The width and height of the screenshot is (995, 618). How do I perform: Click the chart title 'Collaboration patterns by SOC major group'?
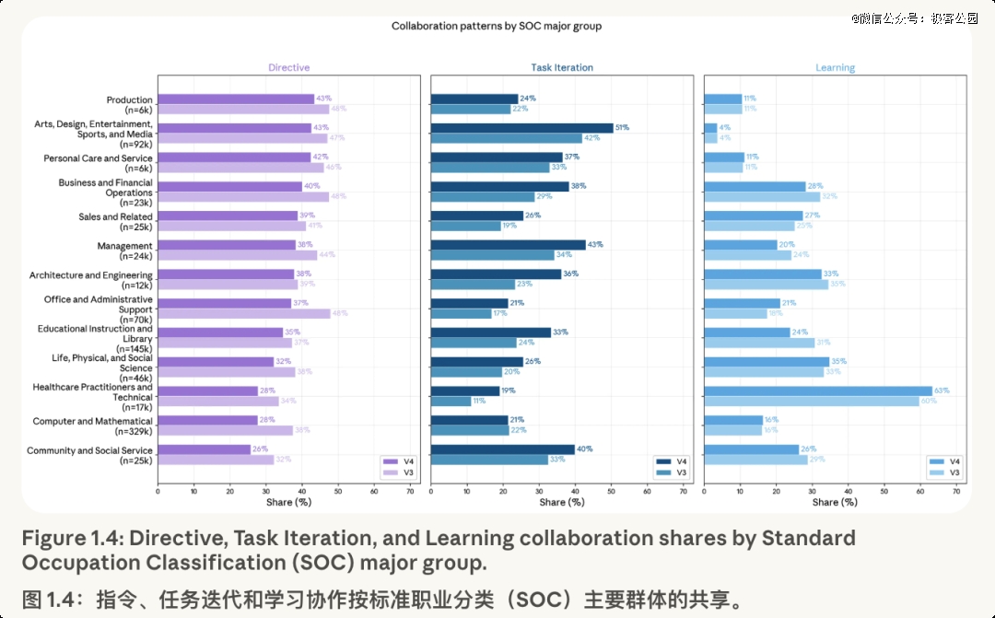pos(497,26)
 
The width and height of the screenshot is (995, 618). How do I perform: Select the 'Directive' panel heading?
pos(288,67)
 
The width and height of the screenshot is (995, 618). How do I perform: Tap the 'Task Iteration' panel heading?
pos(562,67)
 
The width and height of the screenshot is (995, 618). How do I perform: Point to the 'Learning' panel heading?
pos(835,67)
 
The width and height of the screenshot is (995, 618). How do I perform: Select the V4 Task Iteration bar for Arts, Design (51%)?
pos(521,128)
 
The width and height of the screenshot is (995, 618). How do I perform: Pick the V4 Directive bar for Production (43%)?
pos(236,99)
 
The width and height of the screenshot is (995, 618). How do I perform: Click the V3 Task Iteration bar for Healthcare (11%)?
pos(451,402)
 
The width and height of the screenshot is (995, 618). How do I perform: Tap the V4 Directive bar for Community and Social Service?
pos(205,449)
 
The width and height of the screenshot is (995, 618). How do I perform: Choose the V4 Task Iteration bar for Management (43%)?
pos(508,245)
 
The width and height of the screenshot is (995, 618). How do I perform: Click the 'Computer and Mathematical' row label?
pos(92,421)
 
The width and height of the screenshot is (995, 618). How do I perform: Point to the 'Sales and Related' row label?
pos(115,216)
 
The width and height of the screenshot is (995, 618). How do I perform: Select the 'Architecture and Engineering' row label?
pos(90,274)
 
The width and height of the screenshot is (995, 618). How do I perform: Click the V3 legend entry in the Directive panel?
pos(395,472)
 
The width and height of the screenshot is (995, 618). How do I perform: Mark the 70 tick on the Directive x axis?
pos(410,492)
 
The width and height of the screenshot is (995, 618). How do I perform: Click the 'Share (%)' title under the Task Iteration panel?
pos(562,502)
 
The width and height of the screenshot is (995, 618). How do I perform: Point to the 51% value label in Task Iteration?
pos(622,128)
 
